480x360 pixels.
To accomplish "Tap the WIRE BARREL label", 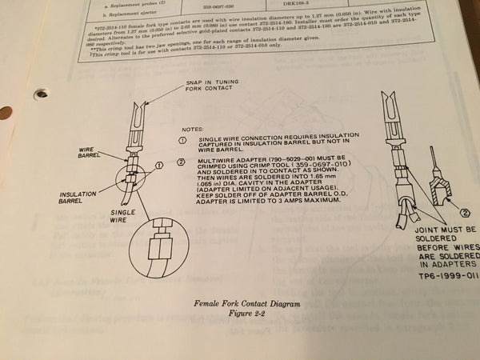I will [x=89, y=152].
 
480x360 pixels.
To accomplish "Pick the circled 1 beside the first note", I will [x=182, y=138].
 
